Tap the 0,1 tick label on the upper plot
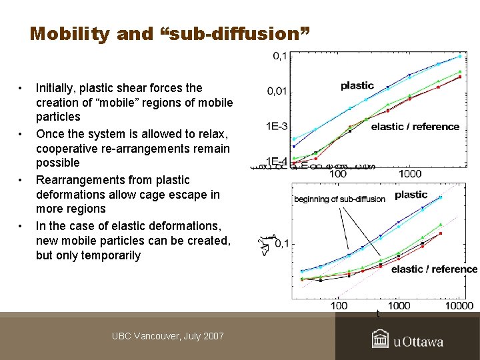click(x=280, y=57)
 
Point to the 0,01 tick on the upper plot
click(x=277, y=91)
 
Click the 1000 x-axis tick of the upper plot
click(x=410, y=174)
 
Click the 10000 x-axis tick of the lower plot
click(x=459, y=306)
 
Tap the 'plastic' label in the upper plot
click(x=357, y=85)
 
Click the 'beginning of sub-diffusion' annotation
click(x=339, y=199)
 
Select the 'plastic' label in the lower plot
click(x=411, y=195)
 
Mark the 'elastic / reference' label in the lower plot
click(x=434, y=269)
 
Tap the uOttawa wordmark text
click(x=418, y=342)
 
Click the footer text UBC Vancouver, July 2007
click(x=168, y=336)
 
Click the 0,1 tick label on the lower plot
click(x=281, y=244)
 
